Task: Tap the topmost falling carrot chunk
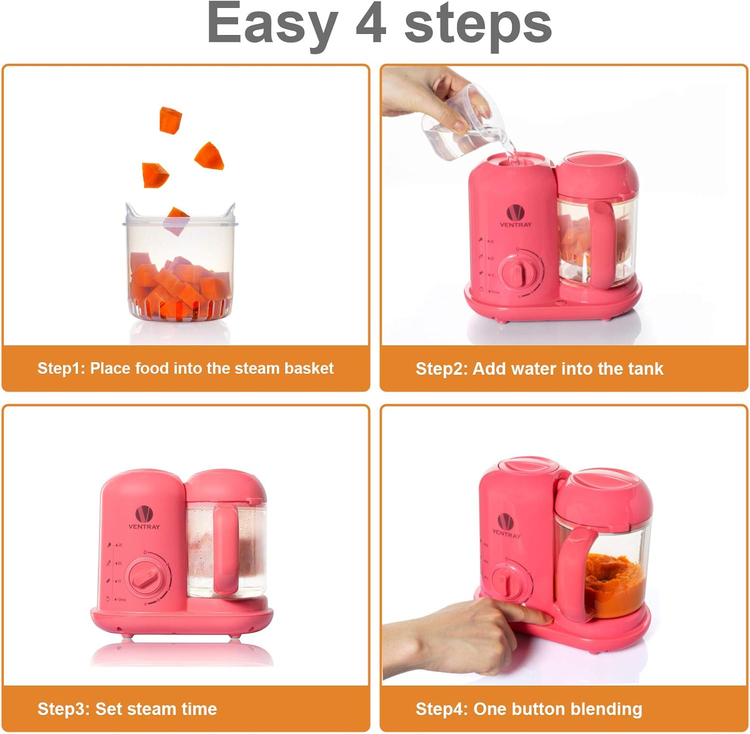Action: pyautogui.click(x=170, y=120)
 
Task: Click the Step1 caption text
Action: pyautogui.click(x=185, y=368)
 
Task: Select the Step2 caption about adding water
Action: pyautogui.click(x=539, y=369)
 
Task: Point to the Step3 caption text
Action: pyautogui.click(x=127, y=709)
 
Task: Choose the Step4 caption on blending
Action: pyautogui.click(x=528, y=709)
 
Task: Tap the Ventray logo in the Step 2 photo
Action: pyautogui.click(x=515, y=215)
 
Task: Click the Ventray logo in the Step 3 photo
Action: pyautogui.click(x=144, y=517)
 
